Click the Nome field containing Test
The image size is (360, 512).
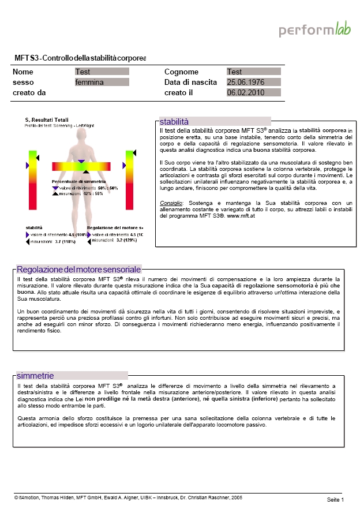pyautogui.click(x=102, y=72)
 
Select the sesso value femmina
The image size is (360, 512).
pyautogui.click(x=102, y=83)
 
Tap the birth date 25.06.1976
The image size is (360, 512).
pyautogui.click(x=253, y=83)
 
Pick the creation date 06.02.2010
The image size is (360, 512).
pyautogui.click(x=253, y=92)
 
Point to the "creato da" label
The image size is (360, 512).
pyautogui.click(x=29, y=92)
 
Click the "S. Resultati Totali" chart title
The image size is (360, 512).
pyautogui.click(x=47, y=119)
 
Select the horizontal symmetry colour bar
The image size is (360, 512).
pyautogui.click(x=81, y=167)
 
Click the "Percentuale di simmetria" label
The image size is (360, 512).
pyautogui.click(x=78, y=182)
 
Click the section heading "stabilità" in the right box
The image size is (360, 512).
pyautogui.click(x=174, y=122)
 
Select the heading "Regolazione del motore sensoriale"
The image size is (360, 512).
pyautogui.click(x=79, y=270)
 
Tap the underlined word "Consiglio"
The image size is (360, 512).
pyautogui.click(x=171, y=203)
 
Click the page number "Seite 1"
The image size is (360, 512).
pyautogui.click(x=335, y=499)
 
